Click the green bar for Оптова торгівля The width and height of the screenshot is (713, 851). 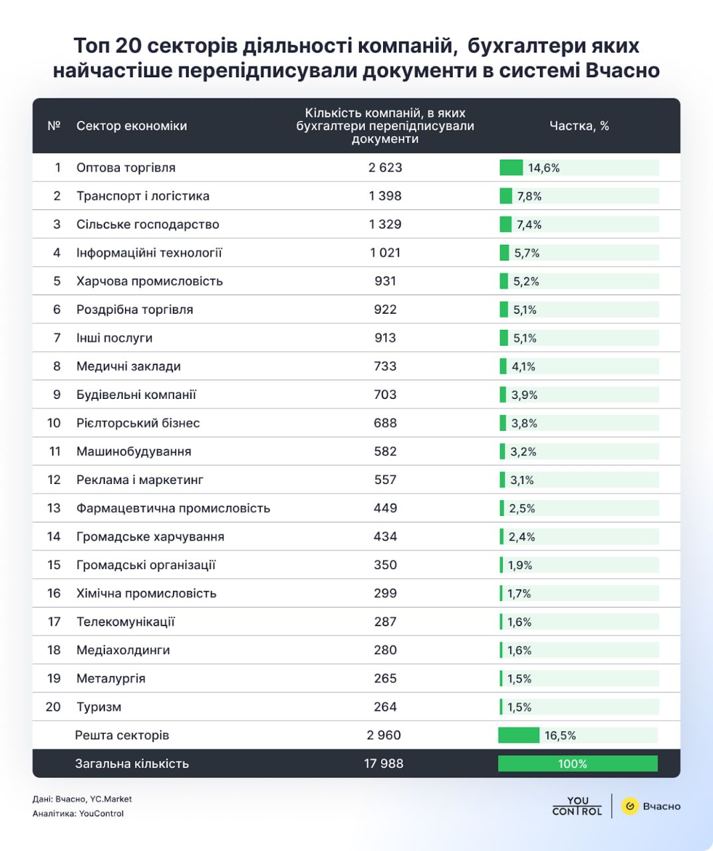coord(511,168)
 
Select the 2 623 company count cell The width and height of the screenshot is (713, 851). coord(385,168)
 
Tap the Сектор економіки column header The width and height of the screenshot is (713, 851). coord(132,126)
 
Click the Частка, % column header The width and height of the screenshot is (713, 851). coord(579,126)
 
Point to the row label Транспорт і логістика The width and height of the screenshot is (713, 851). coord(143,196)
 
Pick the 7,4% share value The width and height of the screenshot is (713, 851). coord(529,225)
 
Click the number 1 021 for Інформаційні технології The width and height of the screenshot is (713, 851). coord(385,253)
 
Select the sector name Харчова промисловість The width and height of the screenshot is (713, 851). coord(150,281)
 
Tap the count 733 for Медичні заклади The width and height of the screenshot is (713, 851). coord(385,366)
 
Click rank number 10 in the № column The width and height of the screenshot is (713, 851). coord(54,423)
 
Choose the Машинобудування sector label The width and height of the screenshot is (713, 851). coord(134,451)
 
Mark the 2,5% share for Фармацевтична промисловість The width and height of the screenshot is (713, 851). coord(522,509)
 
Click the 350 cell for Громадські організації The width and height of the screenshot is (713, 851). coord(385,565)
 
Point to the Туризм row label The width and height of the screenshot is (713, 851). coord(99,707)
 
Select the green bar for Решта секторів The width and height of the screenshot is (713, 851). coord(519,735)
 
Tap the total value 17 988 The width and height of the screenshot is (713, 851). coord(384,764)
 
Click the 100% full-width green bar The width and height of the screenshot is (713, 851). coord(577,764)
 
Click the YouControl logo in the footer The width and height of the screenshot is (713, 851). coord(577,806)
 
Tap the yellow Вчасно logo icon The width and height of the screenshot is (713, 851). coord(630,806)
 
